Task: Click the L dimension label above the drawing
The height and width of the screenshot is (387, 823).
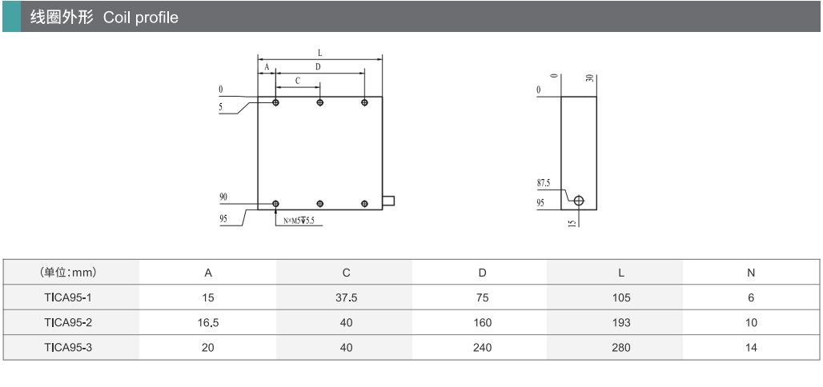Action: pyautogui.click(x=319, y=54)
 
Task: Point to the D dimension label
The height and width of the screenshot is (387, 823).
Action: pyautogui.click(x=318, y=67)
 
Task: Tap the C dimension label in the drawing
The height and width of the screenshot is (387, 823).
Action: pyautogui.click(x=298, y=81)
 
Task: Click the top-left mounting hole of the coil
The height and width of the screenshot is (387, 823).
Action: pyautogui.click(x=276, y=102)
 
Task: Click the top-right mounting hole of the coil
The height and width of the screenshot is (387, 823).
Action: pyautogui.click(x=364, y=102)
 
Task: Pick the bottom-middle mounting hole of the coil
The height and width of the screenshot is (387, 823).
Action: pyautogui.click(x=320, y=204)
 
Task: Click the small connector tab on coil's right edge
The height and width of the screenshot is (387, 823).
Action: pyautogui.click(x=388, y=200)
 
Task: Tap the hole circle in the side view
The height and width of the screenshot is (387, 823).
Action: pyautogui.click(x=579, y=200)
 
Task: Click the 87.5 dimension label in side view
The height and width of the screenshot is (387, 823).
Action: pyautogui.click(x=544, y=183)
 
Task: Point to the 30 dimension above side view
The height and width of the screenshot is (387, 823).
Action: pyautogui.click(x=589, y=79)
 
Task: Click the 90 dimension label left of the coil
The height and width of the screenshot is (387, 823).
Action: pyautogui.click(x=222, y=197)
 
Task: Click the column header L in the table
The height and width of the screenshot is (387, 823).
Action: pyautogui.click(x=620, y=273)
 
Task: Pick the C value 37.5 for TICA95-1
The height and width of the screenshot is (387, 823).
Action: pyautogui.click(x=346, y=297)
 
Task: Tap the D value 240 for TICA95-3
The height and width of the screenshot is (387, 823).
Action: pyautogui.click(x=482, y=348)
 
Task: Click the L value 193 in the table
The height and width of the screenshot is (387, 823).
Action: pyautogui.click(x=620, y=323)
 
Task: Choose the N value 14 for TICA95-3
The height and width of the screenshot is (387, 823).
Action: pyautogui.click(x=750, y=348)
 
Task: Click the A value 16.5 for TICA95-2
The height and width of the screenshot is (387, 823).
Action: pyautogui.click(x=207, y=323)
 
